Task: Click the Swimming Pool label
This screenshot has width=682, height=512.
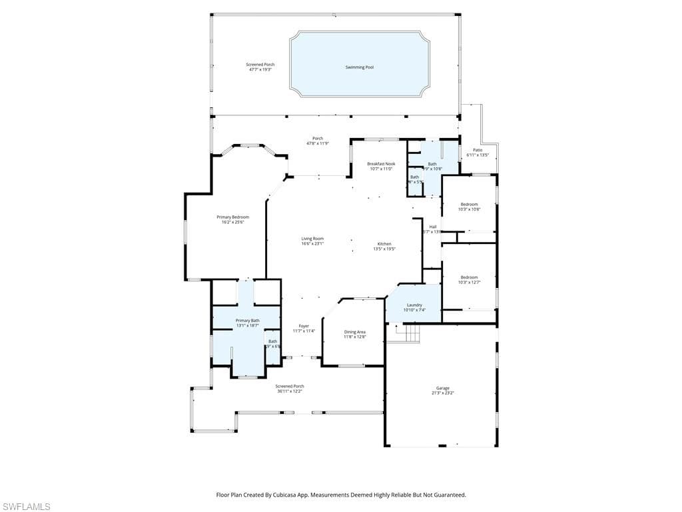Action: coord(359,67)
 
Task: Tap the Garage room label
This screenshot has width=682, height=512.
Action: coord(443,388)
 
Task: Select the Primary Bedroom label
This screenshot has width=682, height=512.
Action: coord(233,217)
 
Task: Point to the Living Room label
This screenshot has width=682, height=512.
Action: coord(312,238)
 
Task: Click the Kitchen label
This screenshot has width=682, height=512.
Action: coord(385,243)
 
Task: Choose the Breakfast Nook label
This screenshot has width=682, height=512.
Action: coord(381,163)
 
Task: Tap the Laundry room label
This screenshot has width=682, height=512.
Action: coord(414,305)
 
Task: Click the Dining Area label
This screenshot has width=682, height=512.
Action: coord(354,331)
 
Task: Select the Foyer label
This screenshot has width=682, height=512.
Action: coord(304,326)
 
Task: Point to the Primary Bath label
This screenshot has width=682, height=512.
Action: coord(248,321)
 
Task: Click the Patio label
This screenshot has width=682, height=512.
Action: coord(478,150)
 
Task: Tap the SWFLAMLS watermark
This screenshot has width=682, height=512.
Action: coord(26,507)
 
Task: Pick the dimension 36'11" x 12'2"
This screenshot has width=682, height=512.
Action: coord(290,391)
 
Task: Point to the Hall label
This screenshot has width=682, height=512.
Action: coord(432,227)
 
